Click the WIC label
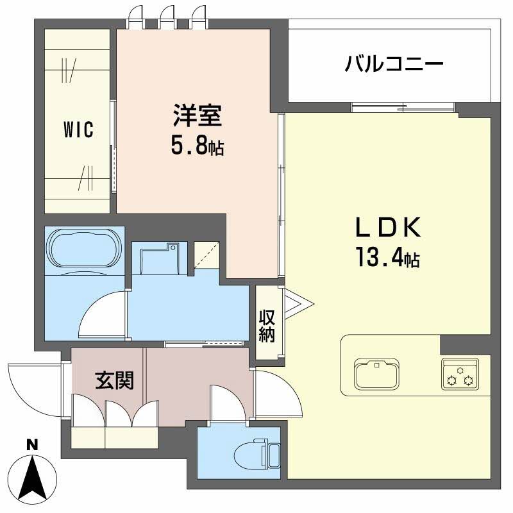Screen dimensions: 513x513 pyautogui.click(x=78, y=130)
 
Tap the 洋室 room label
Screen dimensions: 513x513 pyautogui.click(x=197, y=117)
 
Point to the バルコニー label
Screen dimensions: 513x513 pyautogui.click(x=394, y=64)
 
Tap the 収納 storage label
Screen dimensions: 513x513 pyautogui.click(x=267, y=326)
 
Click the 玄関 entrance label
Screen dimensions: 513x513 pyautogui.click(x=115, y=380)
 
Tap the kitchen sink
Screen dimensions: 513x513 pyautogui.click(x=377, y=373)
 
